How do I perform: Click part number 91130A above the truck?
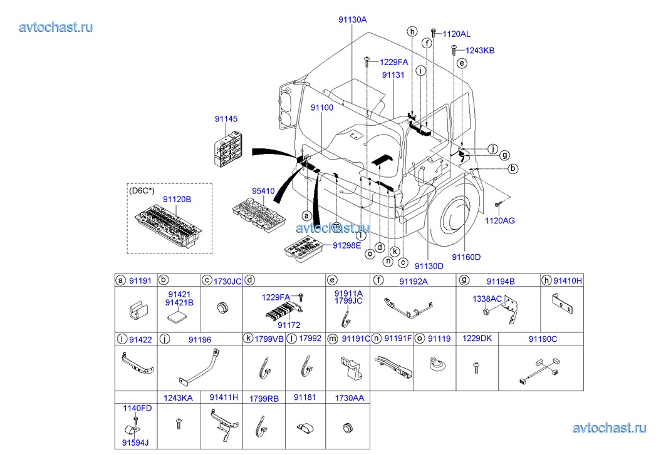click(x=352, y=19)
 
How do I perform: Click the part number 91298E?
click(x=347, y=245)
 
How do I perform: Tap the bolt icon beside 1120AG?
click(x=497, y=205)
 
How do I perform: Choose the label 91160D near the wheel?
click(x=466, y=257)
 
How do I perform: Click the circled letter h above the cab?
click(x=412, y=31)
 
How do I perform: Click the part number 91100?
click(x=321, y=108)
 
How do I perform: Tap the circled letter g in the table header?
click(x=464, y=281)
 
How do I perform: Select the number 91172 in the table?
click(x=289, y=325)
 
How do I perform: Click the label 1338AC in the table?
click(x=487, y=299)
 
